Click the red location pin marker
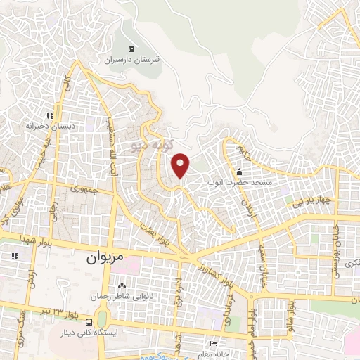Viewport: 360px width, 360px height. click(x=181, y=164)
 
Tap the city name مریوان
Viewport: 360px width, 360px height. click(x=105, y=257)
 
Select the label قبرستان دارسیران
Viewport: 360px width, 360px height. click(x=133, y=61)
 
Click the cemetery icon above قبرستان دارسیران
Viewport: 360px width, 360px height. click(x=133, y=49)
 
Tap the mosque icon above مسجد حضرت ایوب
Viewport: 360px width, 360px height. click(x=239, y=172)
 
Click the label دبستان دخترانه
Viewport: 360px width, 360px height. click(x=50, y=126)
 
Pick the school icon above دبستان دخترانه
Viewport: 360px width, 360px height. click(x=50, y=115)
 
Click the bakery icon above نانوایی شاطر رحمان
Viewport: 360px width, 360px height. click(x=122, y=285)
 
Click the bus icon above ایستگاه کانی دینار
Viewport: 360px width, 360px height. click(x=87, y=321)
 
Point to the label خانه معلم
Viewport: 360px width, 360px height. click(x=213, y=354)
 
